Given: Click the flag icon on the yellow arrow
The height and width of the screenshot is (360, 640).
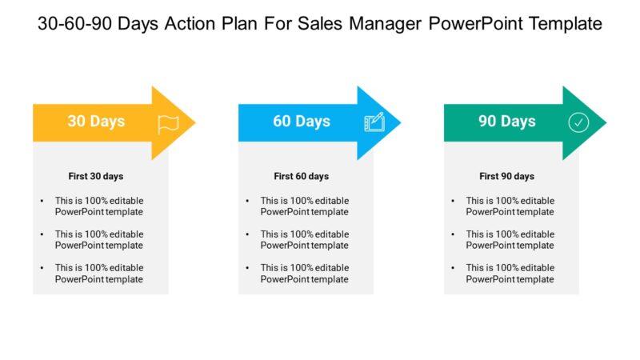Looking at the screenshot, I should pyautogui.click(x=168, y=122).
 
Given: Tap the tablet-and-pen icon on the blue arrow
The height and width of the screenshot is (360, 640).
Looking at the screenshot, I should pyautogui.click(x=374, y=122).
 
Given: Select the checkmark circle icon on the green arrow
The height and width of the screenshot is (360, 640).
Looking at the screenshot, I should pyautogui.click(x=578, y=122).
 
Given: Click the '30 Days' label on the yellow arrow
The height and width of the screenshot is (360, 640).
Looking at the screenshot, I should pyautogui.click(x=96, y=122).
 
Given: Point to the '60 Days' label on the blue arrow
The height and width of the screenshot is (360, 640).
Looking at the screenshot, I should pyautogui.click(x=302, y=122).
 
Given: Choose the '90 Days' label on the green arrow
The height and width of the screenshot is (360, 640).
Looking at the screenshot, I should pyautogui.click(x=507, y=122).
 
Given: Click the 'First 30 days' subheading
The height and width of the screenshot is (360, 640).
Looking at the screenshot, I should pyautogui.click(x=96, y=176).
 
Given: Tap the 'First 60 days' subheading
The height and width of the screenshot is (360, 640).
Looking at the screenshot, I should pyautogui.click(x=302, y=176).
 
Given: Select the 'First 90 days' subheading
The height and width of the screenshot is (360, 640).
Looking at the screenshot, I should pyautogui.click(x=507, y=176).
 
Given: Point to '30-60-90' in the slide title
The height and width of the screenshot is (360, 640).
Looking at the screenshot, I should pyautogui.click(x=74, y=24).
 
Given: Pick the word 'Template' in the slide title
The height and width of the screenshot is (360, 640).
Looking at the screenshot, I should pyautogui.click(x=561, y=24).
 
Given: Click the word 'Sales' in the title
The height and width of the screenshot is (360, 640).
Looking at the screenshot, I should pyautogui.click(x=319, y=24).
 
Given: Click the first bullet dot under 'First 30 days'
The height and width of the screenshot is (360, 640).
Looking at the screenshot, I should pyautogui.click(x=42, y=201).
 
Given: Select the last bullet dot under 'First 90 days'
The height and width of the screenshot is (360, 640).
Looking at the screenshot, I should pyautogui.click(x=454, y=268).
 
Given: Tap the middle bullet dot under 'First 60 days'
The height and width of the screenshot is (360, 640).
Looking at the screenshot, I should pyautogui.click(x=248, y=234).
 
